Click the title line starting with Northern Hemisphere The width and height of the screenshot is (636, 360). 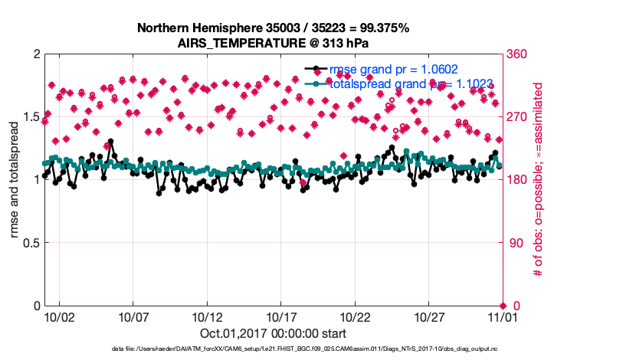pos(273,28)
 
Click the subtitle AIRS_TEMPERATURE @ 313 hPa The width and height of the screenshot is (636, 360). pos(273,42)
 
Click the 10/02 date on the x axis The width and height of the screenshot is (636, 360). pos(59,316)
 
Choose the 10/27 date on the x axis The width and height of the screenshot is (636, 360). pos(429,316)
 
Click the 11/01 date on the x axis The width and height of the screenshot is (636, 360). pos(503,316)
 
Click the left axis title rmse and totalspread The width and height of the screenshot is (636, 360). pos(15,180)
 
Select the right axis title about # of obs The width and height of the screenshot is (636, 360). pos(538,180)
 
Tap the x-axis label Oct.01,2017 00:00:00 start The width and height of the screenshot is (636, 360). pos(273,333)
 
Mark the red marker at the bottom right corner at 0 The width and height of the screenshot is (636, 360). pos(503,306)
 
